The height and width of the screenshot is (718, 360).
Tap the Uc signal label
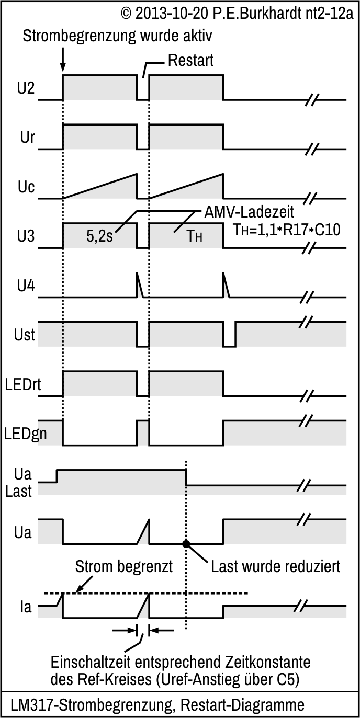(x=26, y=187)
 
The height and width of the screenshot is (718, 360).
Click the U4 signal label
(x=25, y=286)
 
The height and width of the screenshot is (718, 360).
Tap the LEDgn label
(x=22, y=434)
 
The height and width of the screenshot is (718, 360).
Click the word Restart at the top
(x=191, y=61)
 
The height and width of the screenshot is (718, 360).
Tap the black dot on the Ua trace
(x=186, y=544)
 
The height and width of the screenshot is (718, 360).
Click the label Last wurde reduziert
(x=276, y=566)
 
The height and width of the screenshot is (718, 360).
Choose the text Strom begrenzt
(x=124, y=566)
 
